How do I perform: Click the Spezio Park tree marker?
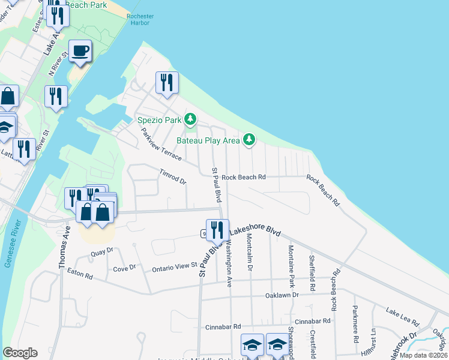coord(190,120)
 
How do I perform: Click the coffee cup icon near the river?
coord(80,51)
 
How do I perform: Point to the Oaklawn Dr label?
coord(282,295)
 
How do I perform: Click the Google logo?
coord(20,353)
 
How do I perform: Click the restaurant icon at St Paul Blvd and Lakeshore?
coord(217,229)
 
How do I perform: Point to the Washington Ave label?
coord(229,262)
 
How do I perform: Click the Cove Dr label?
coord(125,269)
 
